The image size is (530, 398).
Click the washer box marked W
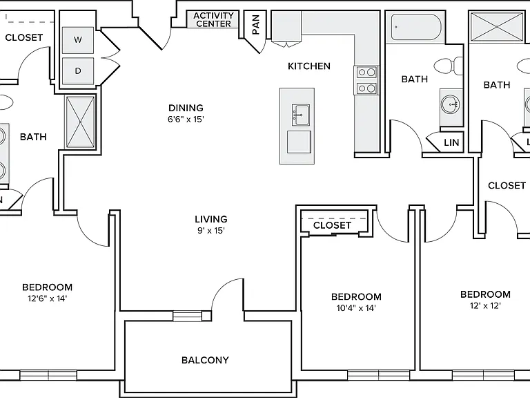click(78, 40)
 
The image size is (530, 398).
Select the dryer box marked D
click(78, 71)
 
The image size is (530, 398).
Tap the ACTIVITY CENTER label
click(213, 19)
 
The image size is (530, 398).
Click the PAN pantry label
click(256, 24)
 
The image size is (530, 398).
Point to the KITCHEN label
click(309, 66)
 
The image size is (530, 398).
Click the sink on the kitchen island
click(300, 115)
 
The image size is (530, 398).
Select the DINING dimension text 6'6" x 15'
click(186, 119)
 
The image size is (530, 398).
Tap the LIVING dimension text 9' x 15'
click(211, 231)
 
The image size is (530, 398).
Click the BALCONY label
click(205, 360)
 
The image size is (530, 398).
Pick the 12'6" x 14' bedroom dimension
click(48, 298)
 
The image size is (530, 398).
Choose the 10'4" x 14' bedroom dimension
click(356, 308)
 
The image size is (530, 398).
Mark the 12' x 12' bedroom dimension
click(485, 305)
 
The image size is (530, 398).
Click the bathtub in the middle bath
click(416, 27)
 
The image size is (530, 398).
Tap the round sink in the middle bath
click(451, 104)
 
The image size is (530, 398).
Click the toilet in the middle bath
click(449, 66)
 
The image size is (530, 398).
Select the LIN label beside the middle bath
click(451, 143)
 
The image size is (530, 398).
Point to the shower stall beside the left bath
click(81, 122)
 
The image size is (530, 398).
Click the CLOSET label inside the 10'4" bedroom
click(332, 225)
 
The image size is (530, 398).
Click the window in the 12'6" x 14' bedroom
click(48, 375)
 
